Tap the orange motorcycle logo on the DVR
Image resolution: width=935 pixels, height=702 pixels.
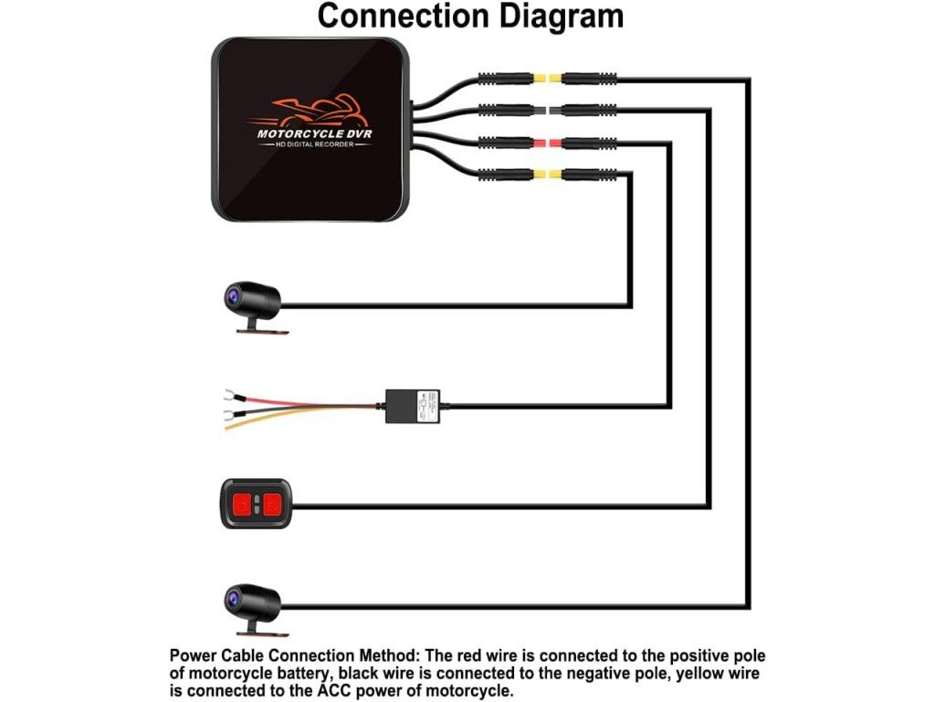[307, 111]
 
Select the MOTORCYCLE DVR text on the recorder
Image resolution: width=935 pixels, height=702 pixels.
[314, 133]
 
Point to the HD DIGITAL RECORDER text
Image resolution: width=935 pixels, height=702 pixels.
[314, 144]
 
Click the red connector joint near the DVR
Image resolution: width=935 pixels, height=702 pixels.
[547, 143]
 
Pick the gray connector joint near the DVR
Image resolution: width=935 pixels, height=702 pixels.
[547, 111]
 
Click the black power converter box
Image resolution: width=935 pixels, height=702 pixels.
[413, 407]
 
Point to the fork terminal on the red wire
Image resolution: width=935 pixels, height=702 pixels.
[228, 395]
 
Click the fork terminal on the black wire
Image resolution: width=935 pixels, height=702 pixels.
[228, 414]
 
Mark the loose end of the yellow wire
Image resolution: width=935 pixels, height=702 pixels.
[226, 428]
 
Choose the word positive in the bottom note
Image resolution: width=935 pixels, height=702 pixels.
[703, 656]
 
